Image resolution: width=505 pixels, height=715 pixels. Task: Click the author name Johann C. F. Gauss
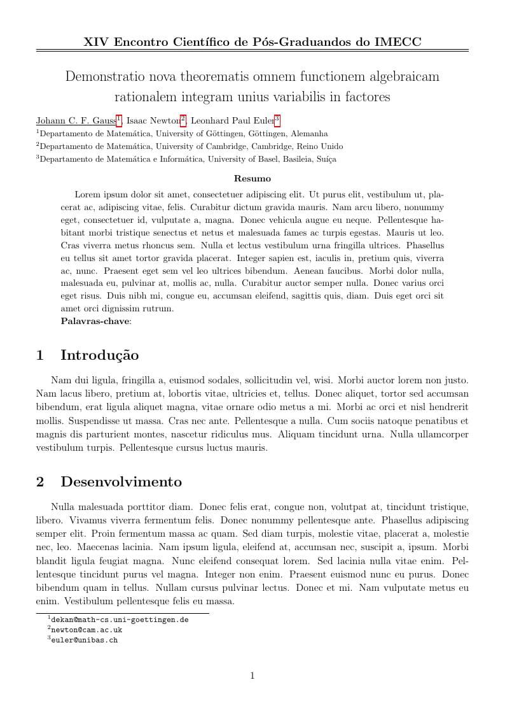click(76, 120)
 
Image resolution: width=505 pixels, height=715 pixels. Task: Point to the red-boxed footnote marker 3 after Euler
click(277, 118)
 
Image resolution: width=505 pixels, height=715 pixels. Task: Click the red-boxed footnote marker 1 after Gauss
click(118, 118)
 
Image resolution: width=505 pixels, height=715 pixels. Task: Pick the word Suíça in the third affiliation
click(326, 159)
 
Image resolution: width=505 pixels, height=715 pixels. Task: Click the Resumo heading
click(253, 179)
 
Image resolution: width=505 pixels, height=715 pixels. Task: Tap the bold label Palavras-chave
click(95, 322)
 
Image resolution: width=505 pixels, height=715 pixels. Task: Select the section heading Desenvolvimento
click(121, 482)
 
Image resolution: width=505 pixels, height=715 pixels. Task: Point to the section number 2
click(40, 482)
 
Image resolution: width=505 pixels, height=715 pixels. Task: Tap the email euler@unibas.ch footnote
click(84, 640)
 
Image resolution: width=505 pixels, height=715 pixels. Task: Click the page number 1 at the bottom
click(253, 676)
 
